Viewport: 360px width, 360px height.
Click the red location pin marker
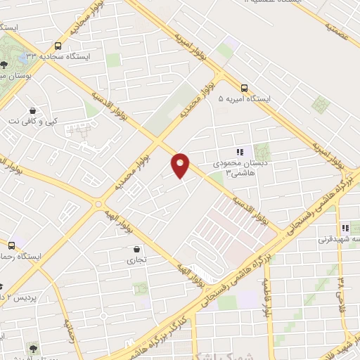(x=181, y=165)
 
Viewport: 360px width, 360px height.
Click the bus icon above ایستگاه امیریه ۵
(x=244, y=88)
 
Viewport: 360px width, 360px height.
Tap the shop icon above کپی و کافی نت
(x=33, y=111)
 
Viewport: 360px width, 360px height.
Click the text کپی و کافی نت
(x=33, y=122)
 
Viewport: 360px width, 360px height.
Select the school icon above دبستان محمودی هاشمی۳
(x=240, y=151)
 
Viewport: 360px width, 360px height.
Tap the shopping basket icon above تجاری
(x=136, y=249)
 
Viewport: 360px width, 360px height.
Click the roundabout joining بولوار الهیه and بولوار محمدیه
(x=97, y=205)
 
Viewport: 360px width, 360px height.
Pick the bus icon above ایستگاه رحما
(x=11, y=245)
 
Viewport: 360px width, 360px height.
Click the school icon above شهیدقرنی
(x=345, y=228)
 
